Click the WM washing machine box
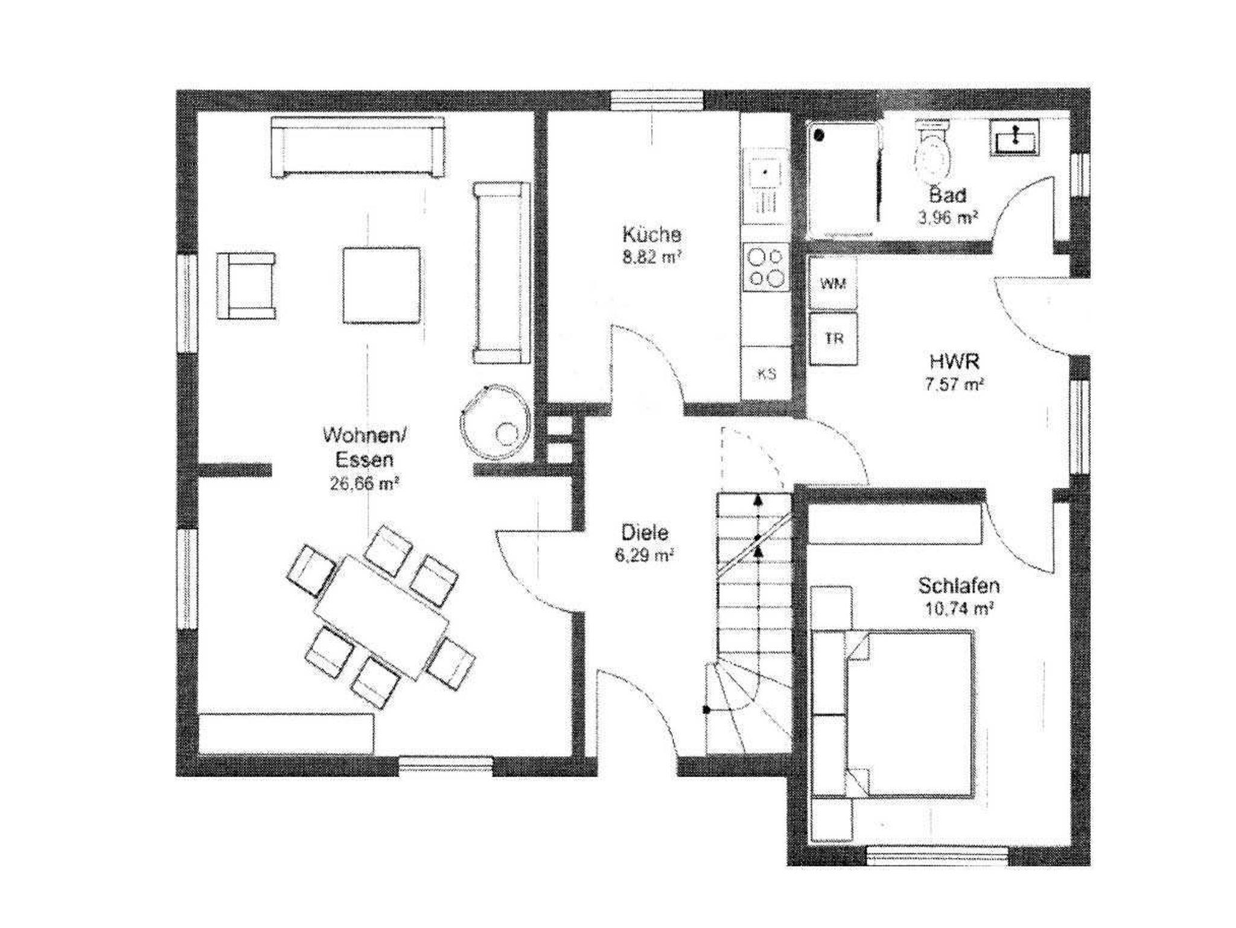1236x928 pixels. pyautogui.click(x=833, y=283)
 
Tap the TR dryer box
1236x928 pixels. pyautogui.click(x=833, y=338)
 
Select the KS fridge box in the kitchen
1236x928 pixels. pyautogui.click(x=766, y=374)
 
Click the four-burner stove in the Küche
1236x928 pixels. pyautogui.click(x=766, y=266)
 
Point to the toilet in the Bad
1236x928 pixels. pyautogui.click(x=933, y=151)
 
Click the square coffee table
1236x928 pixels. pyautogui.click(x=381, y=286)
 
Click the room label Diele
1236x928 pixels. pyautogui.click(x=645, y=532)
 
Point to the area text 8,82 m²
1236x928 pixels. pyautogui.click(x=652, y=258)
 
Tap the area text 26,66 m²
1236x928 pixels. pyautogui.click(x=365, y=483)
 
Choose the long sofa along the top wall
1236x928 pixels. pyautogui.click(x=358, y=147)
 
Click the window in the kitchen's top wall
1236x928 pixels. pyautogui.click(x=657, y=100)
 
